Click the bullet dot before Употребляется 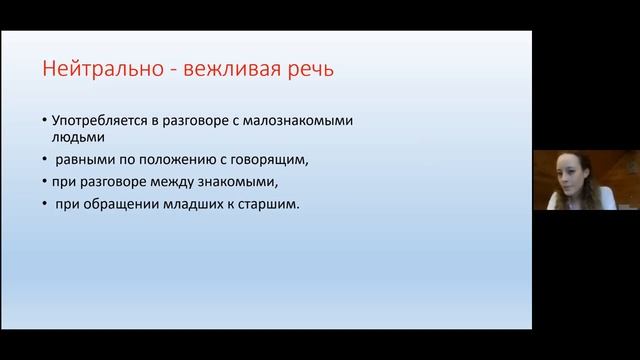coord(45,121)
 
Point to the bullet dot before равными coord(45,159)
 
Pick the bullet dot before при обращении coord(45,205)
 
